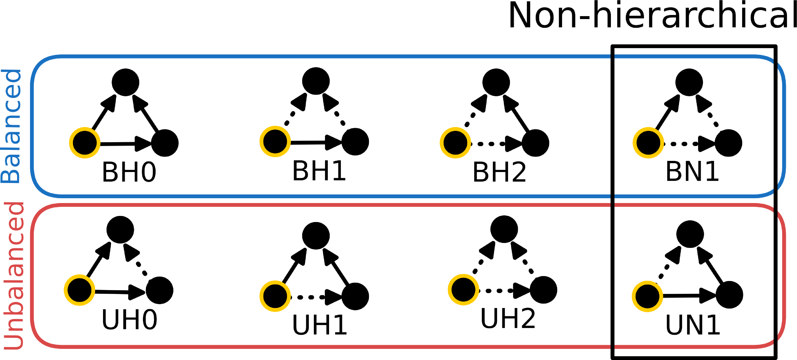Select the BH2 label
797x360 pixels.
coord(499,172)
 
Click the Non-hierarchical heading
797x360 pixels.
coord(652,16)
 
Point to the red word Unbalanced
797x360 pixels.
coord(14,275)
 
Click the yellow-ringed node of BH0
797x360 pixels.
coord(85,143)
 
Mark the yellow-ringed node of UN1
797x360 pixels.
coord(647,296)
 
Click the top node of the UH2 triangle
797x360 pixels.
coord(504,229)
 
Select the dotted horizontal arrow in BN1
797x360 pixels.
coord(690,144)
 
